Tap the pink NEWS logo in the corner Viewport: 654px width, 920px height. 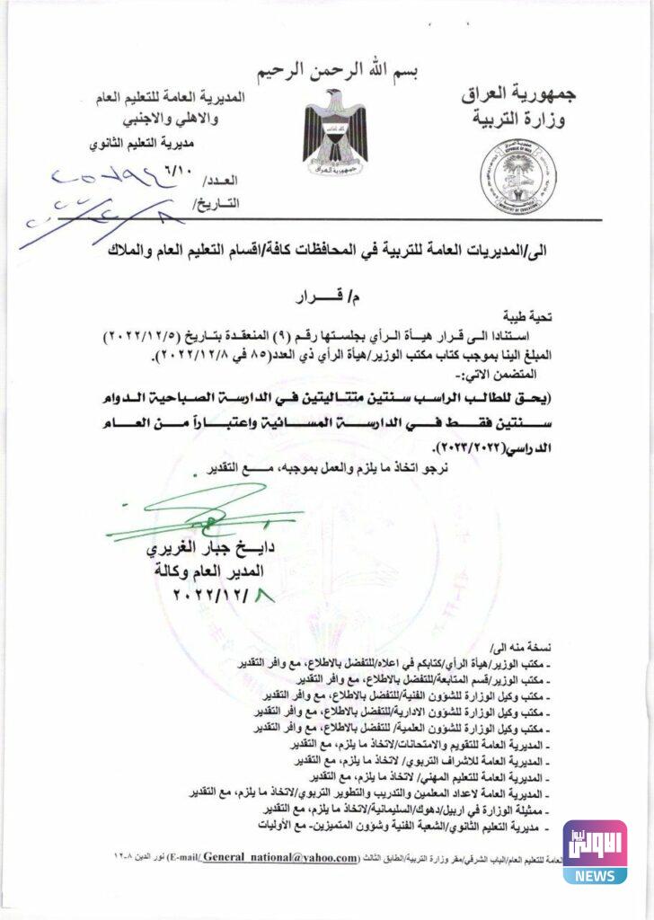[595, 851]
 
